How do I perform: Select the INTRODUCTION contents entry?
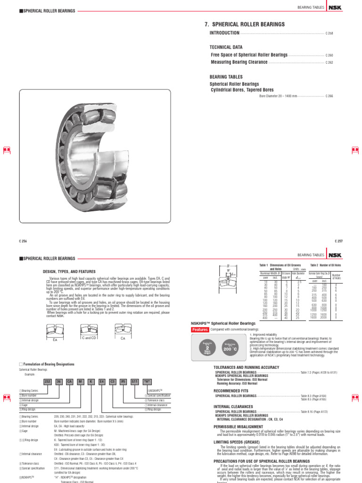point(224,33)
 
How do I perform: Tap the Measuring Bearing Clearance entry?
point(239,62)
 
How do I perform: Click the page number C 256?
point(23,241)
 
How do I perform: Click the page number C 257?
point(338,241)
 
